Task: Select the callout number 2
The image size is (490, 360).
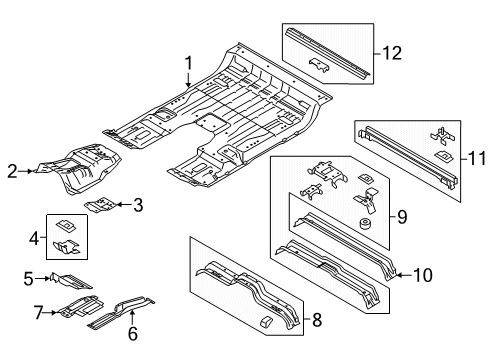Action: [x=11, y=171]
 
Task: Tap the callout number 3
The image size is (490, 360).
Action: [x=138, y=205]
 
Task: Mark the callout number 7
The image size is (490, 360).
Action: [x=39, y=314]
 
